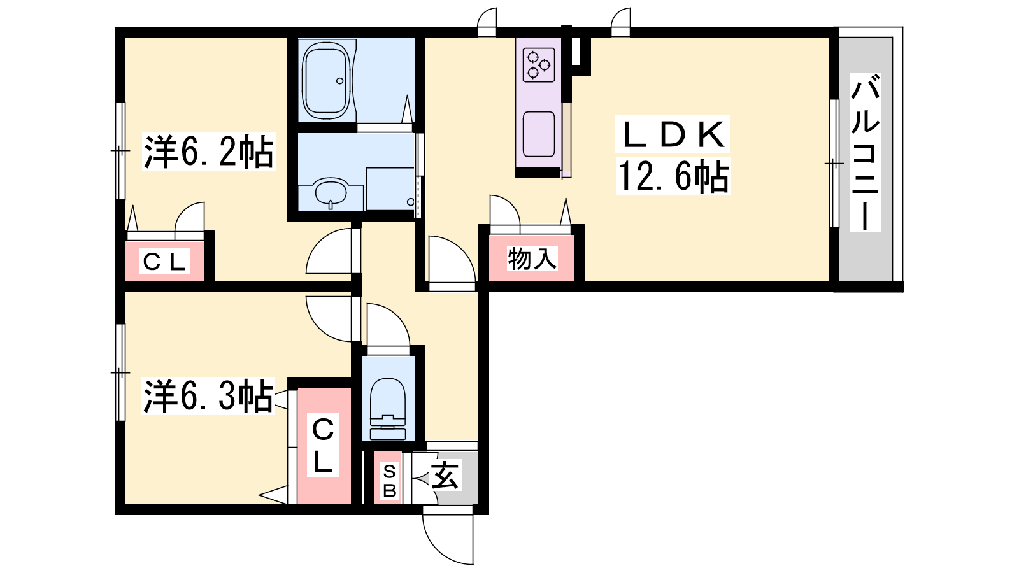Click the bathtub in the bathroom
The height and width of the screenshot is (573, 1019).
pos(327,81)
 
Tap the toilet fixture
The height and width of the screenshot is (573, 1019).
pos(388,409)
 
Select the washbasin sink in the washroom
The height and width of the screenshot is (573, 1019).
pos(331,193)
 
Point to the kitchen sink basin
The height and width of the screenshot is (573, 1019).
pos(539,134)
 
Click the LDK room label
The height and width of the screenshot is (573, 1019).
pos(673,134)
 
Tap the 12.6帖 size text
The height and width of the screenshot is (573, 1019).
pos(673,176)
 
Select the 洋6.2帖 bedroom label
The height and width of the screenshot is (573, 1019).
pos(209,152)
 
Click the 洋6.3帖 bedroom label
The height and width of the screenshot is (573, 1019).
pos(208,396)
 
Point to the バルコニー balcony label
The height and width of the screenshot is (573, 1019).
pos(866,153)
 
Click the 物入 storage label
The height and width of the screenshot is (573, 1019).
pos(532,258)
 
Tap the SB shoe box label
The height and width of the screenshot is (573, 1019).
pos(389,481)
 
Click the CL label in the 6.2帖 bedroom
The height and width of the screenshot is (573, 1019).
pos(164,262)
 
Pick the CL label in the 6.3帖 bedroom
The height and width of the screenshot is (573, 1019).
pos(322,445)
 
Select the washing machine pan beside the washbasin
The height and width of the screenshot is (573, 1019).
pos(390,189)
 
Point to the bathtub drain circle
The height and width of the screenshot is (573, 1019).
pos(340,81)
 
